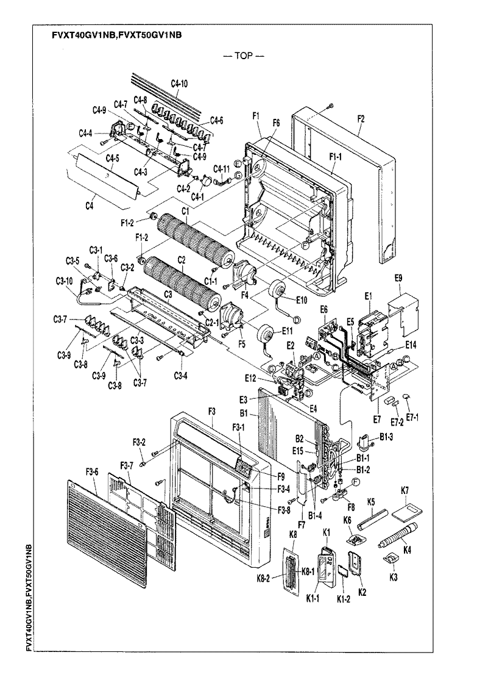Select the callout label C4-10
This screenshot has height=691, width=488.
179,83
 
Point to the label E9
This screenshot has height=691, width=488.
398,277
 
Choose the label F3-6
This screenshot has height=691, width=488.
93,471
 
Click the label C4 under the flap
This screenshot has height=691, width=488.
90,206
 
